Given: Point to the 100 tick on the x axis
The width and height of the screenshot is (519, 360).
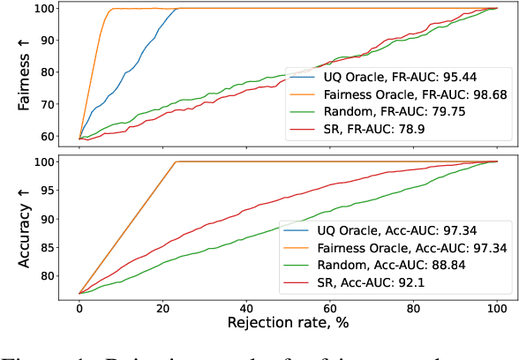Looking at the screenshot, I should click(x=497, y=306).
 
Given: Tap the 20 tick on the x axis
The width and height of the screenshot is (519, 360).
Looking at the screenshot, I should click(x=163, y=306).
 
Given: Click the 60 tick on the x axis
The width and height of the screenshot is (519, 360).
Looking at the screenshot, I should click(x=330, y=306).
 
